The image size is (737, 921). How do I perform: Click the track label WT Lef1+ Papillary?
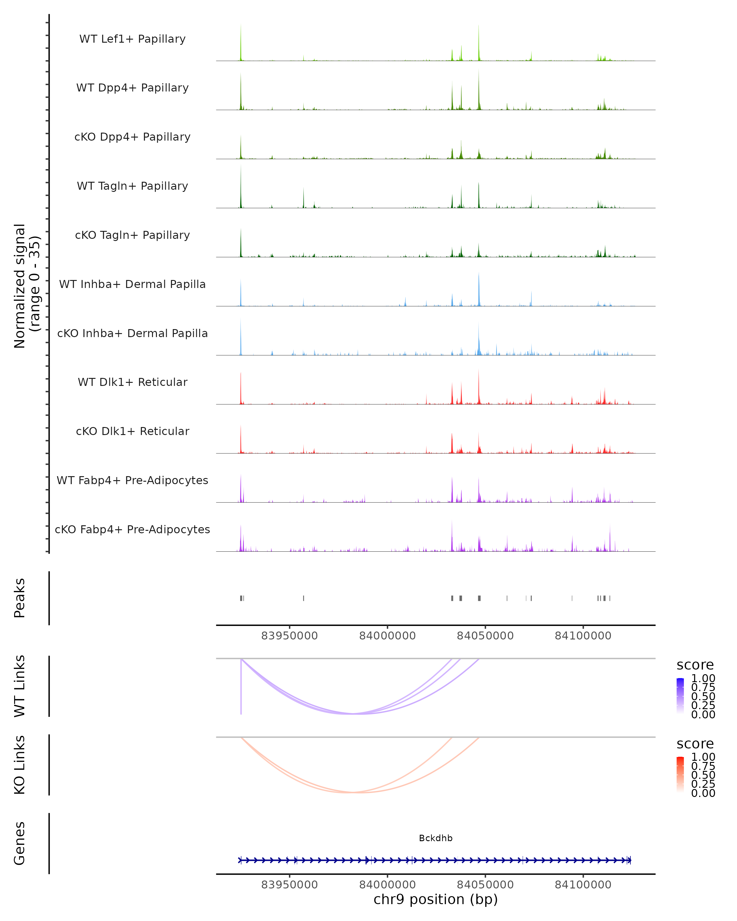[x=132, y=39]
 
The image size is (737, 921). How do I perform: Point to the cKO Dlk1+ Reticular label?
[x=132, y=431]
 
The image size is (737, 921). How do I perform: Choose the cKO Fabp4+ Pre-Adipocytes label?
[x=132, y=529]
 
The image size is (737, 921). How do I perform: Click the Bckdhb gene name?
[x=435, y=838]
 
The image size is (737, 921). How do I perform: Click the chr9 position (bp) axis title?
[x=435, y=900]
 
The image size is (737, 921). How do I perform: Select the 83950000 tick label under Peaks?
[x=289, y=636]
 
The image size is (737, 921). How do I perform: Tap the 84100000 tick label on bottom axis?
[x=583, y=885]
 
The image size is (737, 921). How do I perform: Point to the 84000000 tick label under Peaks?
[x=387, y=636]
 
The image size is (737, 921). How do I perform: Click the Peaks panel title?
[x=20, y=598]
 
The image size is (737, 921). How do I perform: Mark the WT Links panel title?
[x=20, y=686]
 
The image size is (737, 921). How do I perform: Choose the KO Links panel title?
[x=20, y=765]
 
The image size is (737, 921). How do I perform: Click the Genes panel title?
[x=20, y=844]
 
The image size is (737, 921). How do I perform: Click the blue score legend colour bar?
[x=680, y=696]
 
